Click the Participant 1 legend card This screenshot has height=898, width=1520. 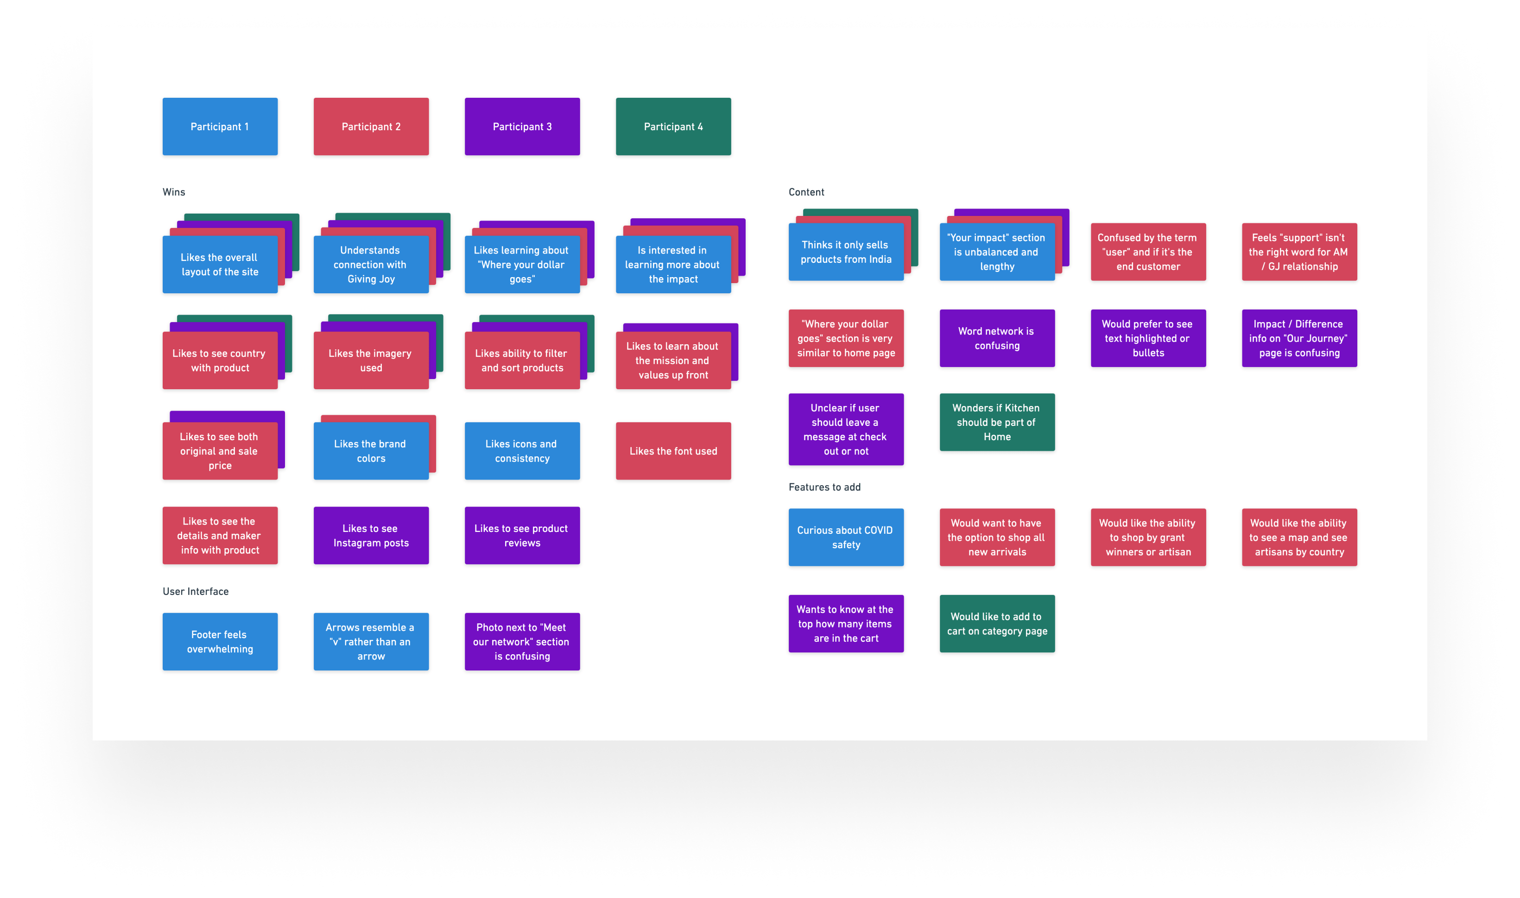click(x=220, y=126)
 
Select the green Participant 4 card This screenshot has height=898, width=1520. click(x=673, y=126)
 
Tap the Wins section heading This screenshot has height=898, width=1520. click(x=174, y=192)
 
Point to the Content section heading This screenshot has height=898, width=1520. click(x=806, y=192)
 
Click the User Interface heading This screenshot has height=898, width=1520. click(x=196, y=591)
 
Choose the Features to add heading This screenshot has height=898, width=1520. click(x=824, y=487)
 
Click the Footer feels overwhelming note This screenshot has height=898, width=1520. click(x=220, y=641)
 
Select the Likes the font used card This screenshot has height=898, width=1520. click(x=673, y=451)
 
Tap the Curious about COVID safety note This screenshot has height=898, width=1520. click(x=845, y=537)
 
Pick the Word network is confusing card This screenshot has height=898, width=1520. click(x=997, y=338)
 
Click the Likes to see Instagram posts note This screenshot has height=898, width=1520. click(x=371, y=536)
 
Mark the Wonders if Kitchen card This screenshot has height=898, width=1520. click(x=997, y=422)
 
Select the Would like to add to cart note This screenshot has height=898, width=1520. click(x=997, y=623)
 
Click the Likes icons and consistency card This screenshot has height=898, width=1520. click(x=522, y=451)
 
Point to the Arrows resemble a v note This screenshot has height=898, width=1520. click(x=371, y=641)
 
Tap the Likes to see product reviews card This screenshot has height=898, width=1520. click(x=522, y=536)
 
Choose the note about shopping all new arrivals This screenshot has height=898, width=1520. click(x=997, y=537)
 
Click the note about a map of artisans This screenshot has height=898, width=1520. click(x=1299, y=537)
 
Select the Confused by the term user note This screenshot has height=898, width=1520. click(x=1148, y=252)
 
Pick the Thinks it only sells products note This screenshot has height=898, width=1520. click(x=845, y=252)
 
